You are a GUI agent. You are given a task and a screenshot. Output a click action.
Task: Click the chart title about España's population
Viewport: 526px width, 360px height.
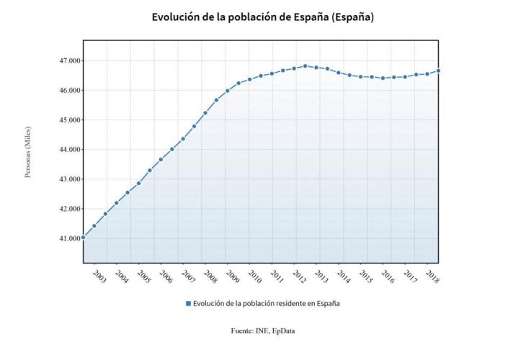click(x=263, y=17)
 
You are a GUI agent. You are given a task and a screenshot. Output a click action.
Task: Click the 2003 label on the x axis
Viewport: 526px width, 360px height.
click(x=99, y=276)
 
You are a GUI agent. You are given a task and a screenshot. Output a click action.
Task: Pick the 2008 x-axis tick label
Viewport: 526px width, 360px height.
click(x=210, y=276)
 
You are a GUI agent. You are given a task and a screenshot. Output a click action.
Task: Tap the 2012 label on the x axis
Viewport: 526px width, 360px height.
click(x=299, y=276)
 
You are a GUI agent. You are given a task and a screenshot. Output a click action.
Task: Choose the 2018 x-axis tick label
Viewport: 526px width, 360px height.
click(x=432, y=276)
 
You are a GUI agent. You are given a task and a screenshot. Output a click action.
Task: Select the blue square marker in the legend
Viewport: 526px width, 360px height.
click(x=188, y=303)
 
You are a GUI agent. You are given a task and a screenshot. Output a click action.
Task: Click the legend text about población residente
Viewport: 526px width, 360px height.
click(x=267, y=303)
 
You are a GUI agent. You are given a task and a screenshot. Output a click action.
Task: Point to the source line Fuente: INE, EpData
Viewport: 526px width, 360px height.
click(x=263, y=330)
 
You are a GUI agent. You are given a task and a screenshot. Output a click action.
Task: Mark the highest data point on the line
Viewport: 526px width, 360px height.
click(x=306, y=66)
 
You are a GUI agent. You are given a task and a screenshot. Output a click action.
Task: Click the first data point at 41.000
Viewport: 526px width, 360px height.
click(x=84, y=237)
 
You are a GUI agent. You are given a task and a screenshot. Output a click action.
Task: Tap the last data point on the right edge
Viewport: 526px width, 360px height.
click(x=439, y=71)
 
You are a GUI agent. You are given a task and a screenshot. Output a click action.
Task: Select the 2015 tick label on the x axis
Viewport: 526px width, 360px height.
click(x=365, y=276)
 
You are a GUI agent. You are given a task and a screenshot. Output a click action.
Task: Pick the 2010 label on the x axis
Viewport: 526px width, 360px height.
click(x=254, y=276)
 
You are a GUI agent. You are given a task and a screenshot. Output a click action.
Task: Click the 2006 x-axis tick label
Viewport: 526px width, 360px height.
click(x=166, y=276)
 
